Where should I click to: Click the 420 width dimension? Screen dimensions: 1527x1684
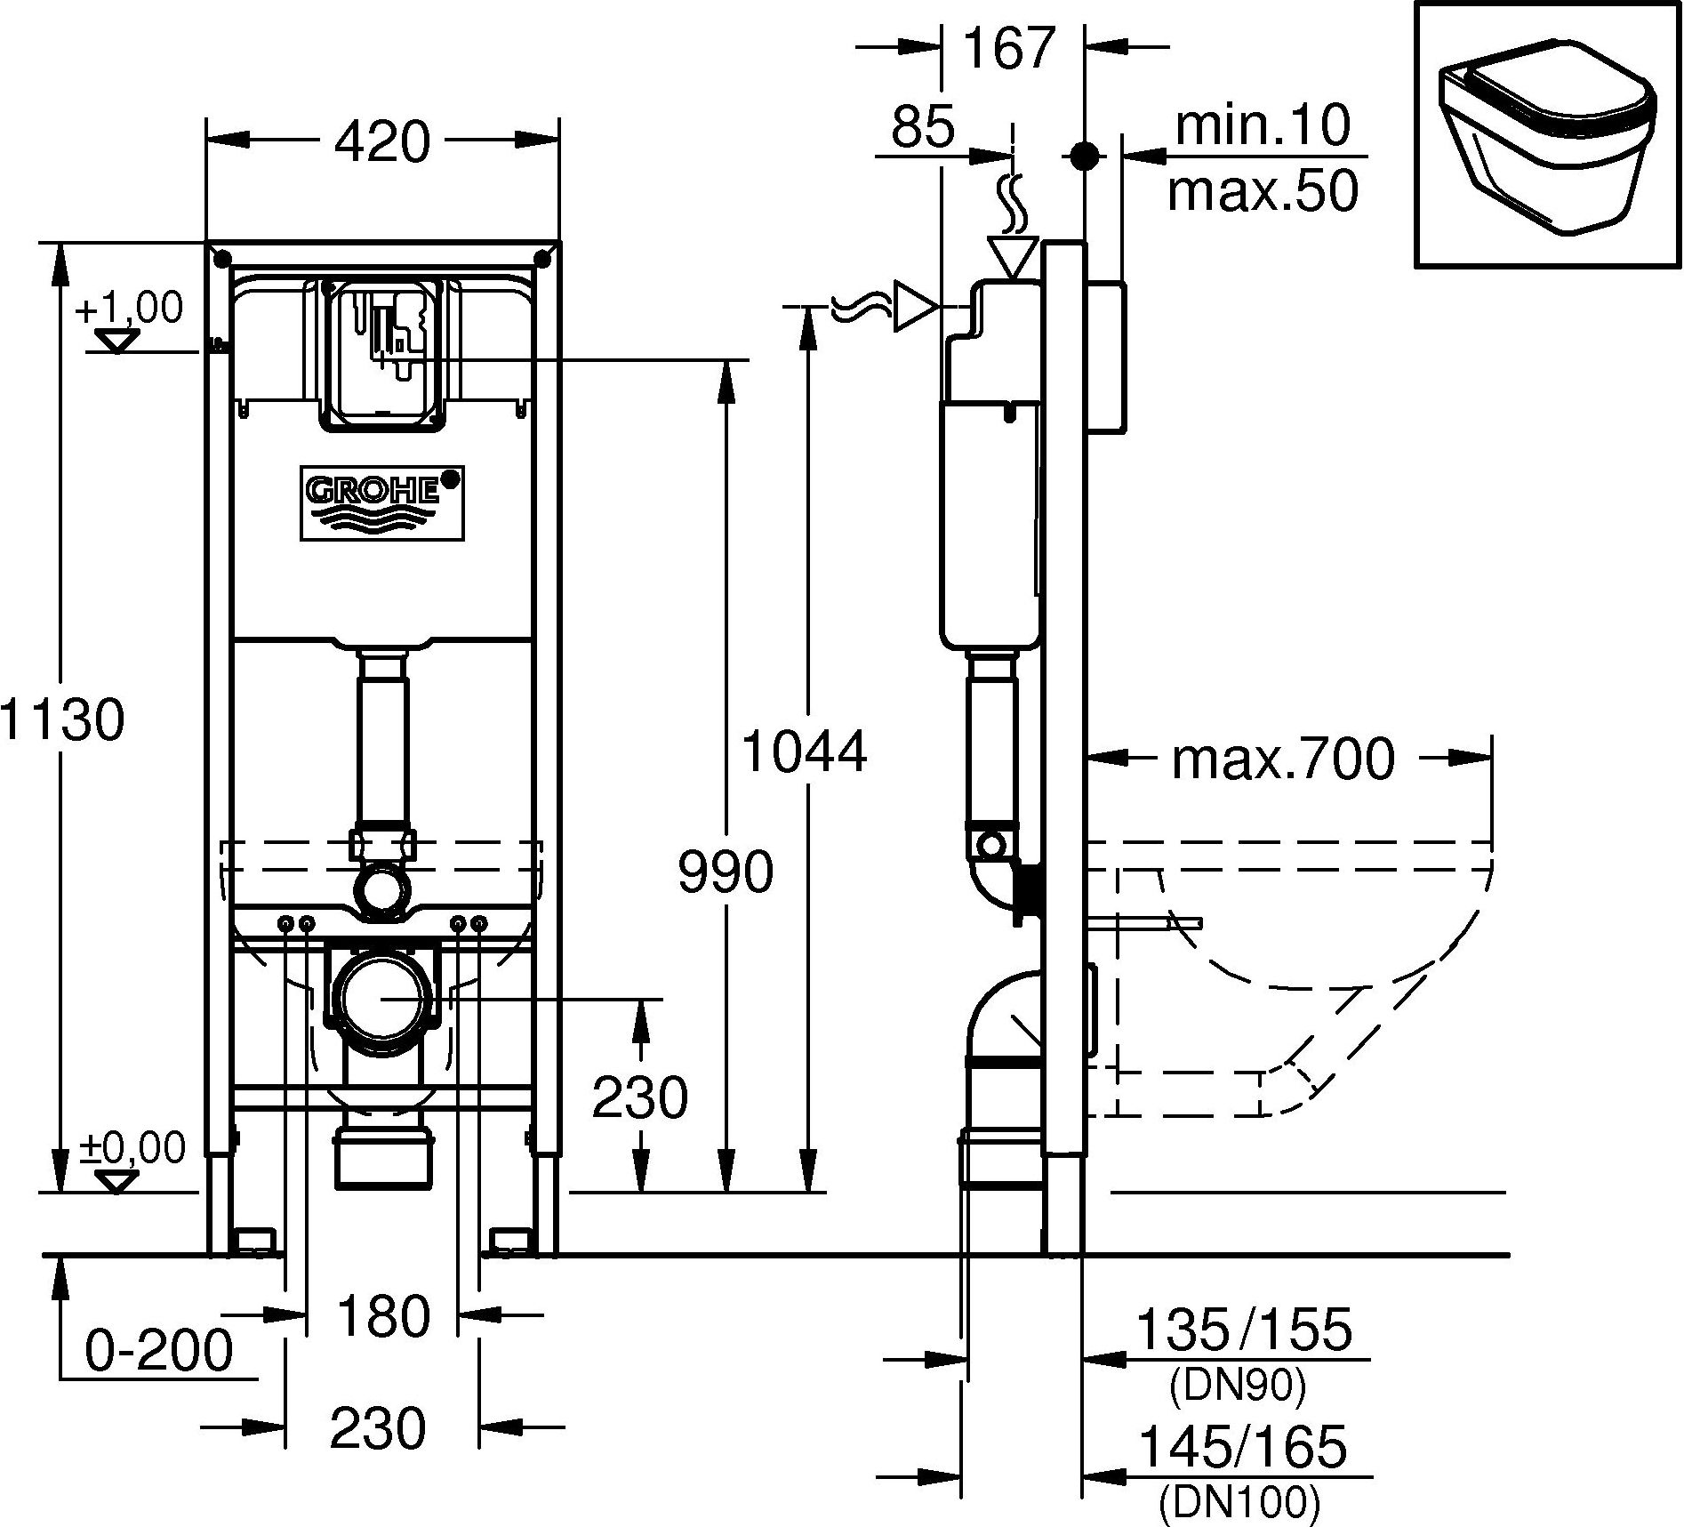tap(382, 141)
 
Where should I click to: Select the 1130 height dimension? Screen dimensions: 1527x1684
tap(62, 720)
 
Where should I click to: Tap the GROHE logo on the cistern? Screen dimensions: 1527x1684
tap(381, 502)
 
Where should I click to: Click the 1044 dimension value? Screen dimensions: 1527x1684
tap(803, 751)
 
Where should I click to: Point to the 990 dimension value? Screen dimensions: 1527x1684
tap(726, 872)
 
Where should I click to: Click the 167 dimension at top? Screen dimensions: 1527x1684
tap(1009, 48)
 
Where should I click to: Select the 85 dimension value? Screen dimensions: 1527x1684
tap(923, 126)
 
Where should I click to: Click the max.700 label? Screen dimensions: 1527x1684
tap(1283, 759)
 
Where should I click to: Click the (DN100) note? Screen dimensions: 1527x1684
tap(1239, 1503)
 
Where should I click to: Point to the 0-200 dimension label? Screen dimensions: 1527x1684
tap(159, 1351)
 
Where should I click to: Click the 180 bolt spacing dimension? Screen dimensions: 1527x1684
tap(383, 1316)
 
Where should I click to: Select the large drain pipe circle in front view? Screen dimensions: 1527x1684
tap(381, 999)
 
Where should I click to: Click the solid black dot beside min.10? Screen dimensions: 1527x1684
tap(1082, 157)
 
